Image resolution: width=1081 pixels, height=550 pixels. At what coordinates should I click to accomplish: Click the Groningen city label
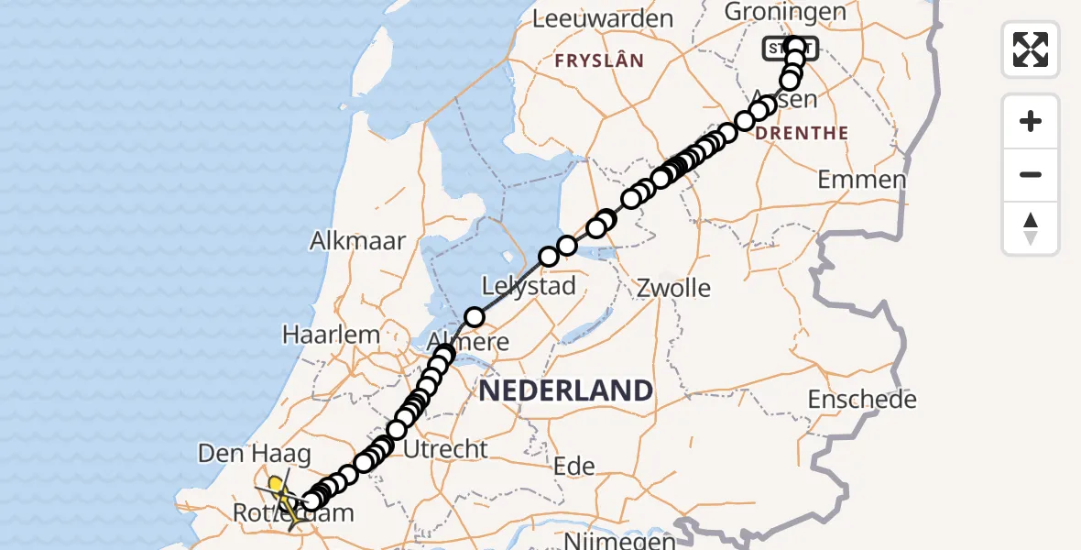point(771,12)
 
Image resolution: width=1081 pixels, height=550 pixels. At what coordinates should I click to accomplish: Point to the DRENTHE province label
point(802,133)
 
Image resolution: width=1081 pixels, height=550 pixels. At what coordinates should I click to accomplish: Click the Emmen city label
point(861,180)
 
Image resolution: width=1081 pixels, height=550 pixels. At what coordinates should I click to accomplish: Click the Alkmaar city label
point(357,241)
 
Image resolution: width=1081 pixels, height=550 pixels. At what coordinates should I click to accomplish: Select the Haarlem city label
point(331,335)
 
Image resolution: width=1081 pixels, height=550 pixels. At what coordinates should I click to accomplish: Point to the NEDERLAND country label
point(565,391)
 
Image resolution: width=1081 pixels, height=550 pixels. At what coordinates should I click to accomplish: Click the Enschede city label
point(862,400)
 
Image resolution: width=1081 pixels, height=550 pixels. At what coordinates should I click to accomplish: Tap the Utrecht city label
point(445,449)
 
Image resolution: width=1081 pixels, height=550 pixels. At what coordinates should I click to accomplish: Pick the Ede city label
point(574,467)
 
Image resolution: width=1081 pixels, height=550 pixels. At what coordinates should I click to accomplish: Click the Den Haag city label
point(255,453)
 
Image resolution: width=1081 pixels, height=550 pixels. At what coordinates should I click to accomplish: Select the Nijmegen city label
point(621,541)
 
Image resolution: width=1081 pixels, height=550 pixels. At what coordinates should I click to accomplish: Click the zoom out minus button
point(1031,174)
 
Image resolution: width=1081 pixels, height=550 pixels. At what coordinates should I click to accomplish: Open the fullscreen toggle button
point(1031,49)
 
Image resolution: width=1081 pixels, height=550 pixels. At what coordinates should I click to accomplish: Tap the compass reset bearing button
point(1031,228)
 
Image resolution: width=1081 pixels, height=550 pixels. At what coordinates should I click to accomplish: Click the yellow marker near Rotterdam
point(275,483)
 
